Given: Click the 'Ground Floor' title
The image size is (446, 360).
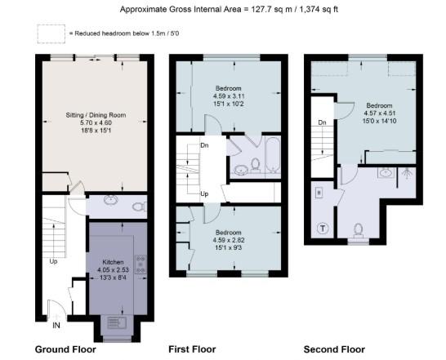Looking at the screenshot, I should coord(65,349).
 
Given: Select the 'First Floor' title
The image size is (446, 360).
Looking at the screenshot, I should coord(192,349).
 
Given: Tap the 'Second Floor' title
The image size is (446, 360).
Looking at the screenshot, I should coord(334,349).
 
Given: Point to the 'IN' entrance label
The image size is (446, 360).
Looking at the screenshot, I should coord(56,325).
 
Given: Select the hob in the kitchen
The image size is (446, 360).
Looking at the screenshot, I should coord(140,264).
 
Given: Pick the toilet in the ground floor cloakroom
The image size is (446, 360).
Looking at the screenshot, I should coord(138,207).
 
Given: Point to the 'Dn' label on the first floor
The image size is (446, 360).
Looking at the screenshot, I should coord(204,145).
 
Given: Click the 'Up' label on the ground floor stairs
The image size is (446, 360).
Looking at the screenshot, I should coord(54,262).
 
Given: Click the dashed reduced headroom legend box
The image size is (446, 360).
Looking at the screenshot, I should coord(51,33).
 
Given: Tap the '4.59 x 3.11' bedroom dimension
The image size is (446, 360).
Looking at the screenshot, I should coord(229,96).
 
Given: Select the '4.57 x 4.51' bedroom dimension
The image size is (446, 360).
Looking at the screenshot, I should coord(380,115).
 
